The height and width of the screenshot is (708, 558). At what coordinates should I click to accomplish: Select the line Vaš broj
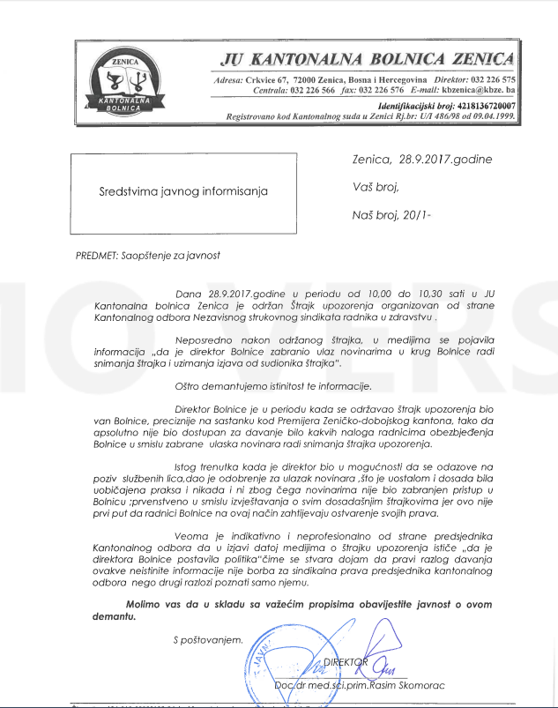pyautogui.click(x=376, y=186)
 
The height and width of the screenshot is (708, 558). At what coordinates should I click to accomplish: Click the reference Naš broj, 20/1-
pyautogui.click(x=391, y=212)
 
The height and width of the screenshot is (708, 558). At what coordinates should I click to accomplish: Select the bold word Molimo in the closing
pyautogui.click(x=145, y=603)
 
